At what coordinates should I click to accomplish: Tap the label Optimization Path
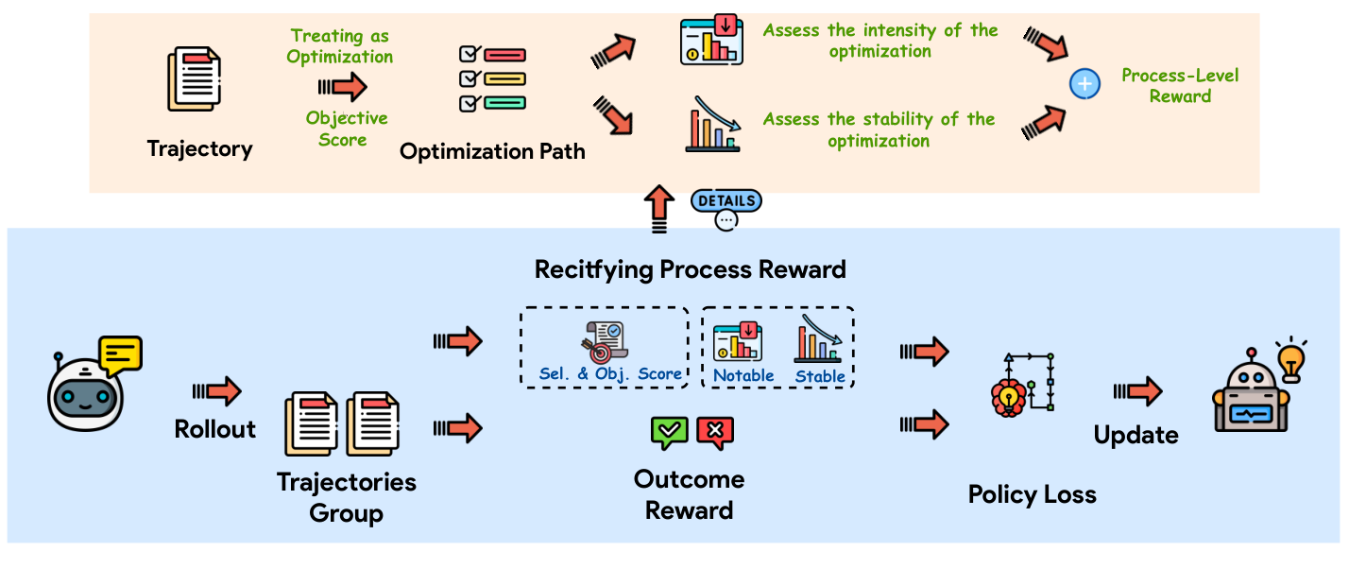pos(492,151)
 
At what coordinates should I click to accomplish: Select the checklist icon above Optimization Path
pos(491,78)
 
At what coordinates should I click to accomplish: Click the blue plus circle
pos(1084,85)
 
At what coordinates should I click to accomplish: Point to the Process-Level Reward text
pos(1179,85)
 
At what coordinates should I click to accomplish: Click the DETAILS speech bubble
pos(726,201)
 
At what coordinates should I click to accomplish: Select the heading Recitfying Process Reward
pos(690,269)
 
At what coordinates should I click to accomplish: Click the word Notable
pos(743,376)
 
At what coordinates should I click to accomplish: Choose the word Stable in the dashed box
pos(820,376)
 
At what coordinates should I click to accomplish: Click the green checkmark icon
pos(670,432)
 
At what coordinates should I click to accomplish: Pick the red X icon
pos(715,432)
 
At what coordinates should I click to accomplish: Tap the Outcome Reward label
pos(689,494)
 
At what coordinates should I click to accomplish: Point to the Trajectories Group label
pos(346,497)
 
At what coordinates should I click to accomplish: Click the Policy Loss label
pos(1032,494)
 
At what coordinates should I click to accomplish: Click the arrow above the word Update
pos(1136,390)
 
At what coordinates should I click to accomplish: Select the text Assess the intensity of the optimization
pos(879,41)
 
